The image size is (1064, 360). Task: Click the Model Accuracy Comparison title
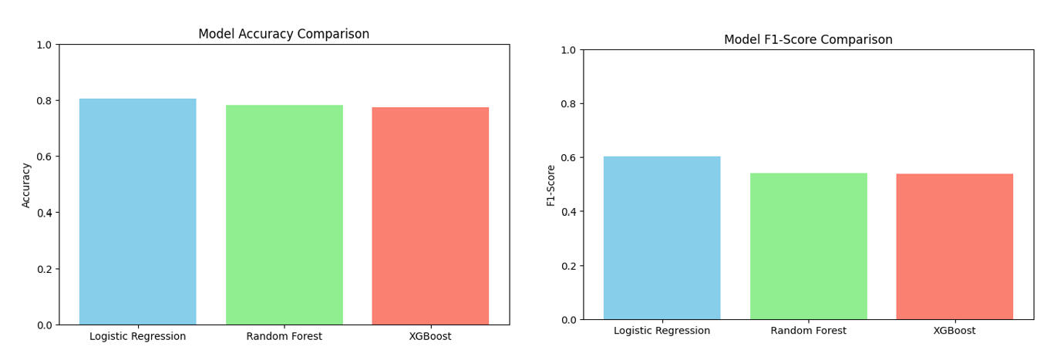[x=284, y=34]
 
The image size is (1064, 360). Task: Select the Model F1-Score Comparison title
[x=808, y=39]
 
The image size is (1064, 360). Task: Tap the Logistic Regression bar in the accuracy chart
[x=137, y=212]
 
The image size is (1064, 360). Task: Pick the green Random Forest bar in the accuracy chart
[x=284, y=215]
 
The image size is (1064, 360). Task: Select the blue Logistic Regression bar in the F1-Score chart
[x=662, y=238]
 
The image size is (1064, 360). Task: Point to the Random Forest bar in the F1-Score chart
[x=808, y=246]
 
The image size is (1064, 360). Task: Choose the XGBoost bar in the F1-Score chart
[x=955, y=247]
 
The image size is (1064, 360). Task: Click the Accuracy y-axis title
[x=26, y=185]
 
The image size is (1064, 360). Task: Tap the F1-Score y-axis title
[x=551, y=185]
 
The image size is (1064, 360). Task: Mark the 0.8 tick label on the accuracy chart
[x=43, y=101]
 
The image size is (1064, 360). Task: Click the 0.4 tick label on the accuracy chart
[x=43, y=213]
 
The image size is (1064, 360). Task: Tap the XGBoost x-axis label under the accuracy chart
[x=430, y=336]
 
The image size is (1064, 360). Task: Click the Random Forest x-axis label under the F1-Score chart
[x=808, y=331]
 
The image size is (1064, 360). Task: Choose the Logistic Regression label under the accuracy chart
[x=137, y=336]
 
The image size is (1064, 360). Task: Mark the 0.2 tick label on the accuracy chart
[x=43, y=269]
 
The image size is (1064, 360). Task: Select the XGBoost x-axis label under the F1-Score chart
[x=955, y=331]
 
